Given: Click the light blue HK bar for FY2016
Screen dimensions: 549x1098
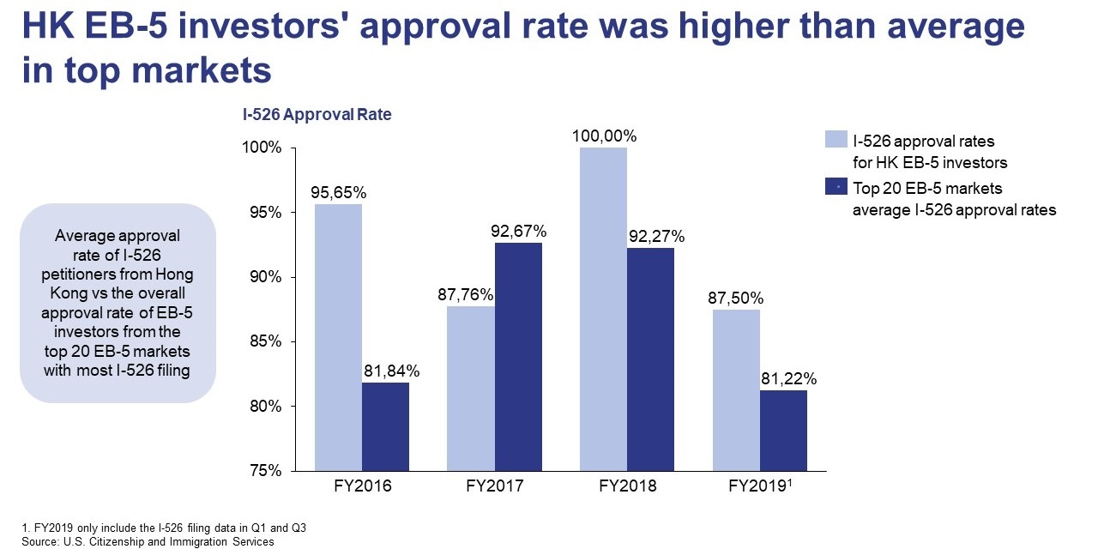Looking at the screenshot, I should click(338, 337).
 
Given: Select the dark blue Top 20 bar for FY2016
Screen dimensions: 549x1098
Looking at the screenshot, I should click(385, 426).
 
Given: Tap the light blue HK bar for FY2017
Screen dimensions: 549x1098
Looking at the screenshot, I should click(471, 388).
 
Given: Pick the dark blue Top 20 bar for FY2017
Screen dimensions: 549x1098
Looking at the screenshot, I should click(518, 356).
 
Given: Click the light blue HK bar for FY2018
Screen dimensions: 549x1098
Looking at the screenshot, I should click(603, 309).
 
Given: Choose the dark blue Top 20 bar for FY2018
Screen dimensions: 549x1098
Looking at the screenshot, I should click(650, 359).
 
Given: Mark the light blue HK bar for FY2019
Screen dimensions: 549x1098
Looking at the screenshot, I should click(736, 389).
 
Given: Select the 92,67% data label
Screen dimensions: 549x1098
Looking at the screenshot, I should click(518, 231).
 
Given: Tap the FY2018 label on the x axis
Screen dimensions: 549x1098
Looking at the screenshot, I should click(627, 486).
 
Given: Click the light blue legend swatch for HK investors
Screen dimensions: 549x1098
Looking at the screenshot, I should click(835, 140).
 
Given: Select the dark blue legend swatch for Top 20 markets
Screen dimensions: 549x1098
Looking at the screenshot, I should click(835, 187).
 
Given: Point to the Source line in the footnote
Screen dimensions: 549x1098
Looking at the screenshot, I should click(138, 541).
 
